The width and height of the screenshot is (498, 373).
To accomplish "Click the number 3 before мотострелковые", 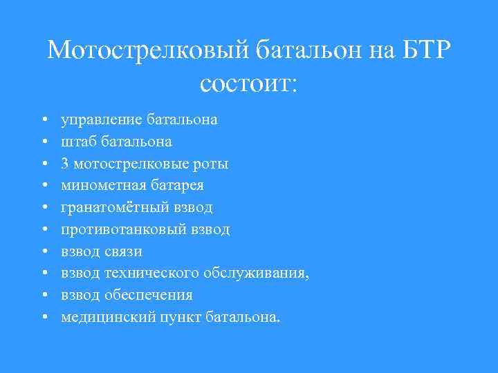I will [x=65, y=164].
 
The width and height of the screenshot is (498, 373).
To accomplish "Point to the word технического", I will [x=151, y=273].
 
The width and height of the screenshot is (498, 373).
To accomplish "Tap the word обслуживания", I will [x=257, y=273].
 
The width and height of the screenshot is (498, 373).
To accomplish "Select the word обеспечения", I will [x=148, y=295].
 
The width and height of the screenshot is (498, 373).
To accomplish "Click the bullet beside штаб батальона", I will [x=44, y=142].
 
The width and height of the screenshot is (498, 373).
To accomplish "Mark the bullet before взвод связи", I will [x=44, y=251].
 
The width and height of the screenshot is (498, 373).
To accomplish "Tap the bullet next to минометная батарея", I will [x=44, y=186].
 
